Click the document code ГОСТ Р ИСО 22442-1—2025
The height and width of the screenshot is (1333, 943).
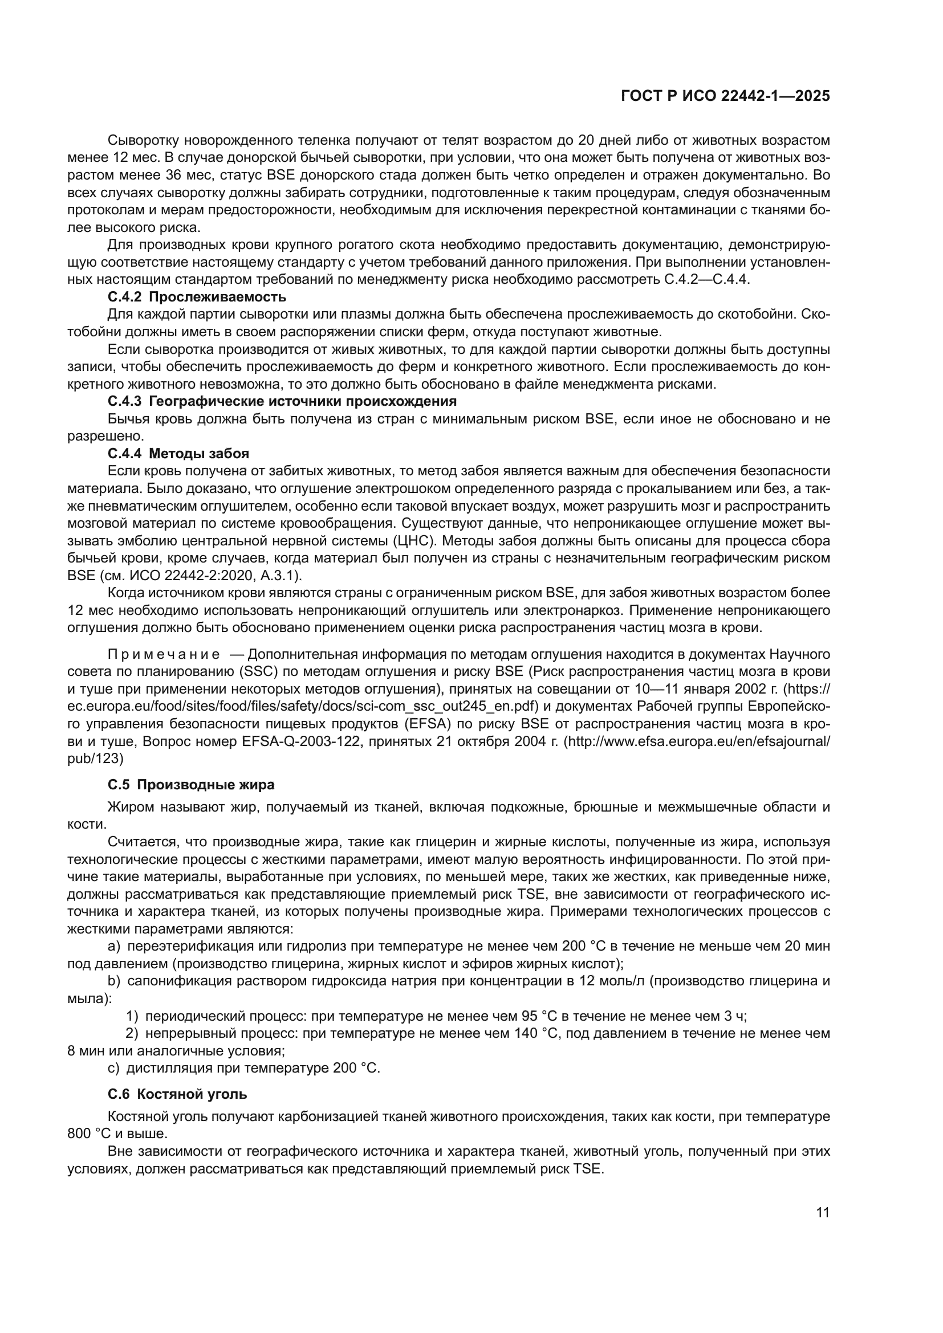[x=725, y=96]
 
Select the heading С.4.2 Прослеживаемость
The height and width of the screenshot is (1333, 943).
[x=197, y=297]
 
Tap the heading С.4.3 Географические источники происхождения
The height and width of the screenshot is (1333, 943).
[x=282, y=401]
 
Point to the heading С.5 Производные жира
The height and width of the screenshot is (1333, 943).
[x=191, y=785]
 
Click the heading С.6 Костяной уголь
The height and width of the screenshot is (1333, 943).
[x=177, y=1094]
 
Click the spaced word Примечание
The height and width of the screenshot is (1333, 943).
[x=164, y=654]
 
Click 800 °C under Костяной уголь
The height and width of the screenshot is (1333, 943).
[x=89, y=1134]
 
